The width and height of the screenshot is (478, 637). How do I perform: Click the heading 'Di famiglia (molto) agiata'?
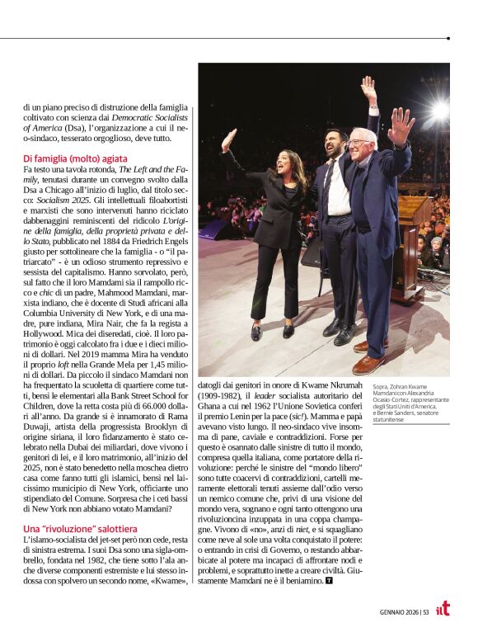point(76,158)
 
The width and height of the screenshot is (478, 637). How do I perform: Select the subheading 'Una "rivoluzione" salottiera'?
point(80,527)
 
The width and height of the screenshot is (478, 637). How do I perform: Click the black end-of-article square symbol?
point(329,581)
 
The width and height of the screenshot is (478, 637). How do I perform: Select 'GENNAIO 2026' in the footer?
point(399,611)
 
